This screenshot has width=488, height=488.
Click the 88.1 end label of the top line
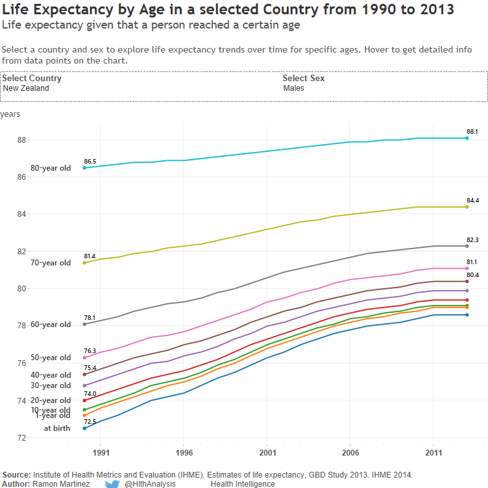[472, 132]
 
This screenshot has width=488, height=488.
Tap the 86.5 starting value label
[90, 161]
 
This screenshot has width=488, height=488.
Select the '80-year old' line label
[55, 168]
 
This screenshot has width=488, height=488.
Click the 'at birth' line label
[57, 428]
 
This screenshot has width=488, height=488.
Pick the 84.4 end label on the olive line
[472, 201]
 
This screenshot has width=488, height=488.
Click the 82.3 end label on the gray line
[472, 240]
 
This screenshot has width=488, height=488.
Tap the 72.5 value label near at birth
[90, 422]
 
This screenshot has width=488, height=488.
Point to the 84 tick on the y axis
[21, 214]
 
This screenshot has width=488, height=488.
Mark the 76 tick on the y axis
[21, 363]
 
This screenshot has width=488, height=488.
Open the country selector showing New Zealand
[26, 88]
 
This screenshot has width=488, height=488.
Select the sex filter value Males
[293, 88]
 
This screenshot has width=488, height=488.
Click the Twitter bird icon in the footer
[112, 483]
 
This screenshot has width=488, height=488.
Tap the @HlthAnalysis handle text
[150, 484]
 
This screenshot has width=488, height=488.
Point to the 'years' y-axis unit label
[10, 114]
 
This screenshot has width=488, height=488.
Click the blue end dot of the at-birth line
[467, 315]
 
